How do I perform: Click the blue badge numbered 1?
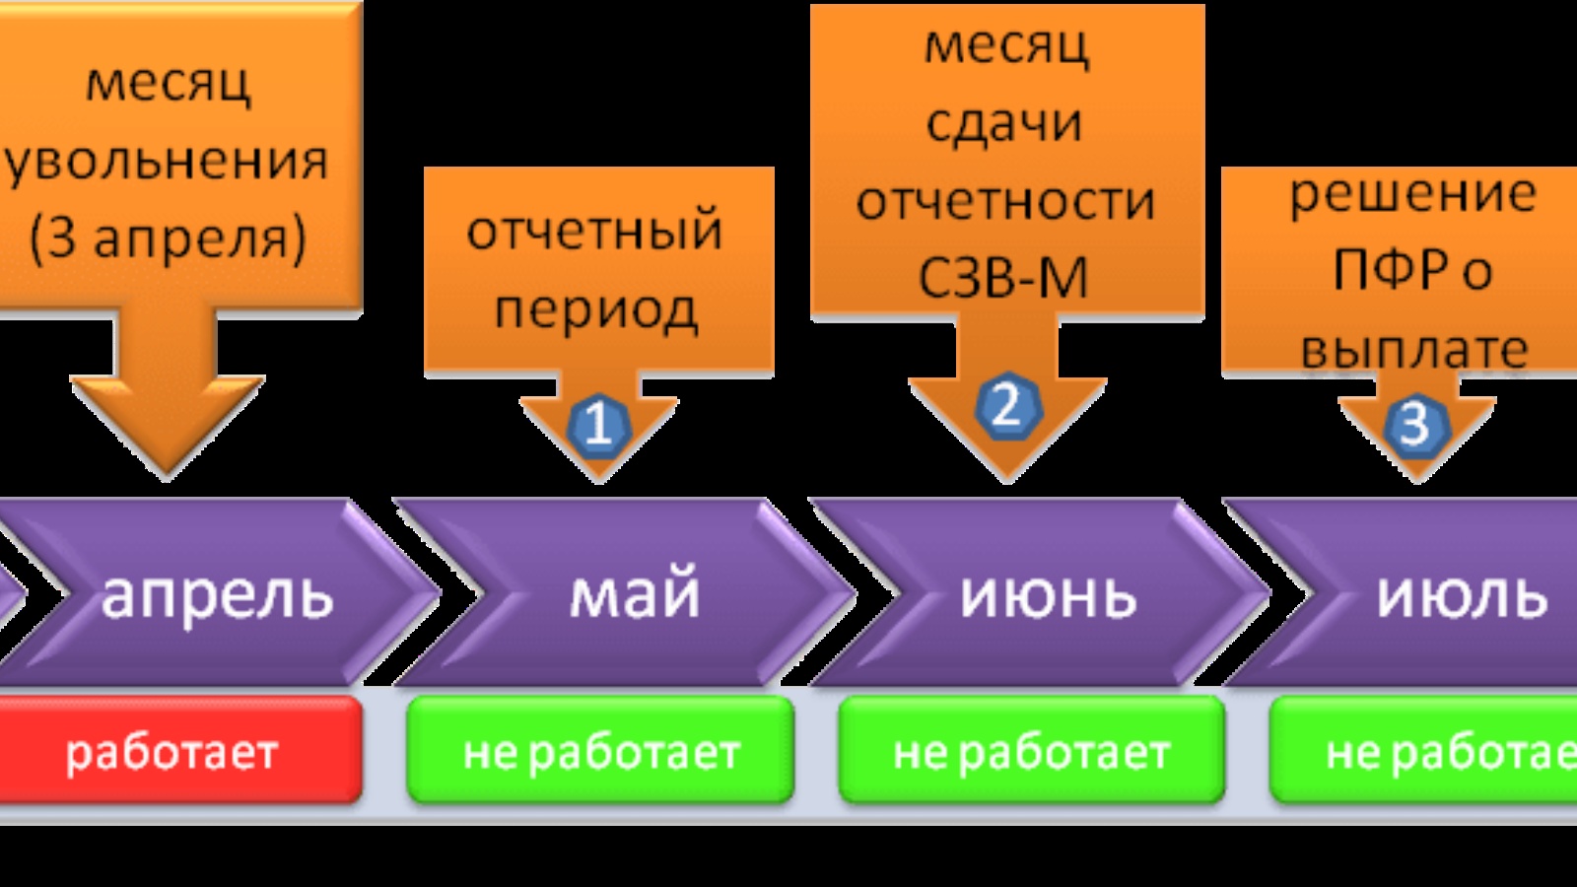pyautogui.click(x=597, y=426)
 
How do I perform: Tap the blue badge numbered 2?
pyautogui.click(x=1006, y=406)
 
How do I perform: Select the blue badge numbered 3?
pyautogui.click(x=1415, y=425)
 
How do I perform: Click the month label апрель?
pyautogui.click(x=218, y=595)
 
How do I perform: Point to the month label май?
pyautogui.click(x=635, y=593)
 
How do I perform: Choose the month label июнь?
pyautogui.click(x=1049, y=595)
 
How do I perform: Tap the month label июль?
pyautogui.click(x=1463, y=595)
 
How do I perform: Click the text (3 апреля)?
pyautogui.click(x=168, y=239)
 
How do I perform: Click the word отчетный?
pyautogui.click(x=595, y=232)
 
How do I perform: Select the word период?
pyautogui.click(x=595, y=311)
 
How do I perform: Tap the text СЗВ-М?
pyautogui.click(x=1003, y=278)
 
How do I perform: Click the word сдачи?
pyautogui.click(x=1004, y=123)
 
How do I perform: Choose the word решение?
pyautogui.click(x=1412, y=193)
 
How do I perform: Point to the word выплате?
pyautogui.click(x=1414, y=350)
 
